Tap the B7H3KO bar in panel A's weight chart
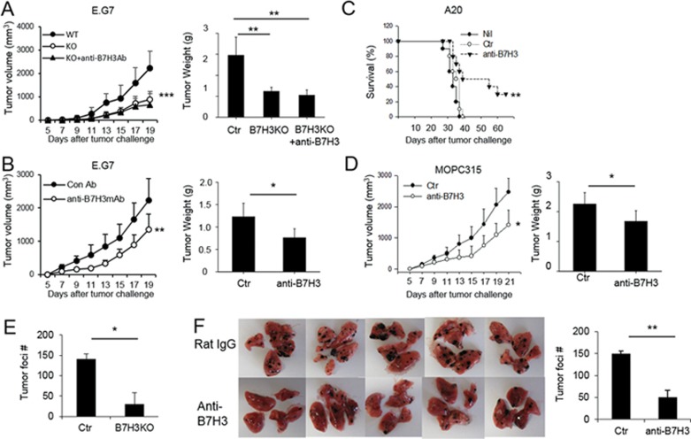(x=263, y=104)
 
